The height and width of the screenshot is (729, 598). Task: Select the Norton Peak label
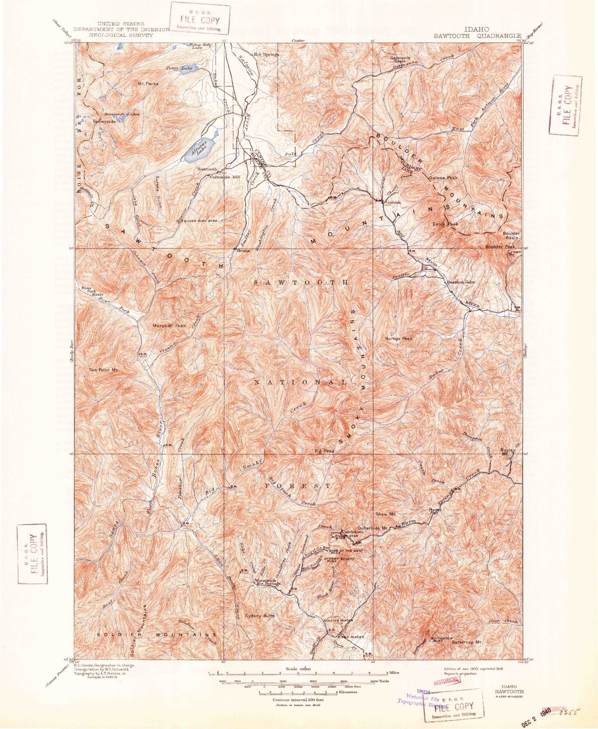point(399,338)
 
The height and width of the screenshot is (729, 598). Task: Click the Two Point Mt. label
point(103,370)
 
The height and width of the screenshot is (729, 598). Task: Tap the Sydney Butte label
point(259,616)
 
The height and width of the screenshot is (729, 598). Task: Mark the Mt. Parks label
point(148,83)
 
